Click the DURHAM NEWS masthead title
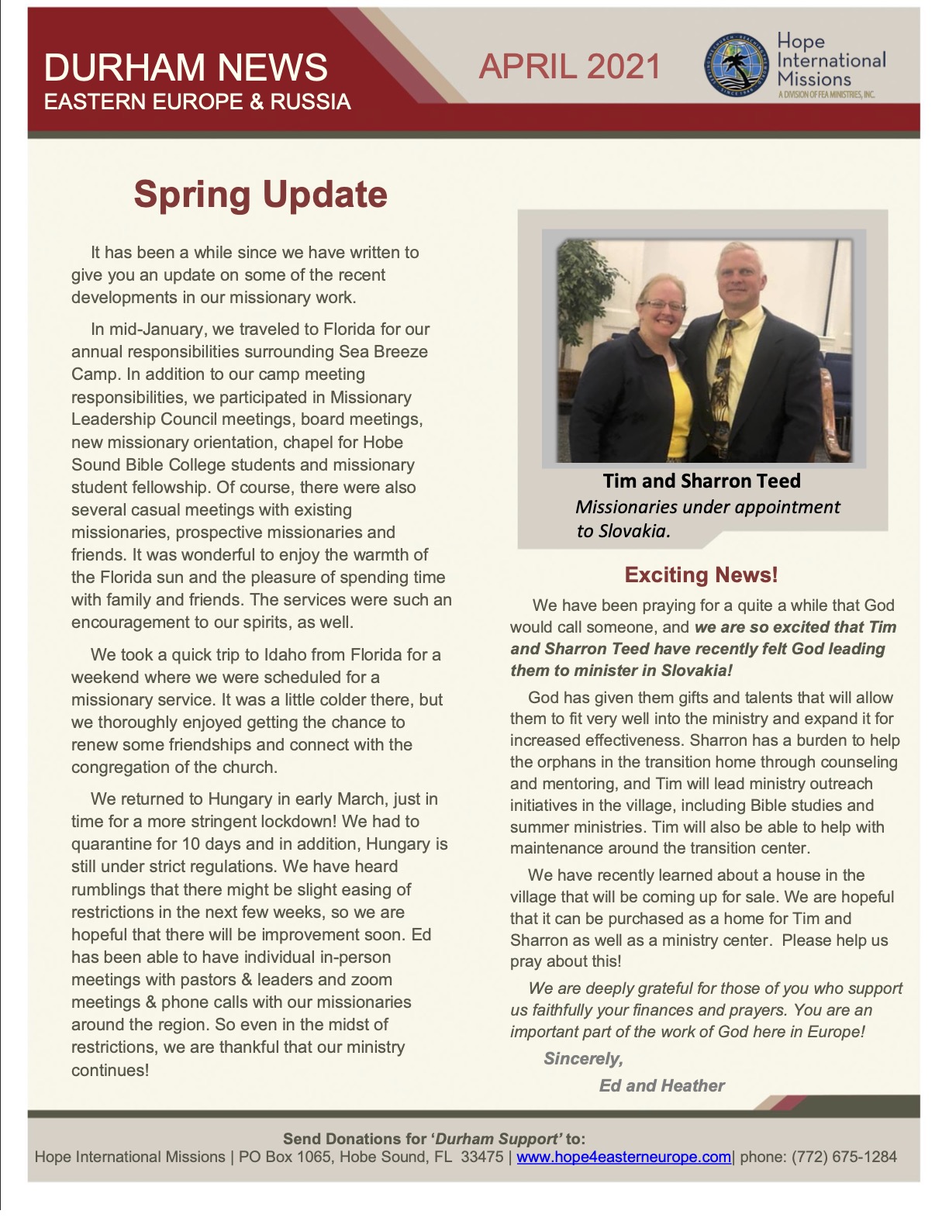click(185, 67)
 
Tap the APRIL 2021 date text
click(570, 67)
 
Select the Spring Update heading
click(261, 194)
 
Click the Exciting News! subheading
click(701, 574)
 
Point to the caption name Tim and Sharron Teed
click(702, 481)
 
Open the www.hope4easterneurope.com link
click(623, 1157)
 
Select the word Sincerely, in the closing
click(583, 1058)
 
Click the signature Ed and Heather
click(661, 1085)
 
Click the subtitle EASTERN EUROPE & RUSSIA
click(197, 102)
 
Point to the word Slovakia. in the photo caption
click(623, 531)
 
